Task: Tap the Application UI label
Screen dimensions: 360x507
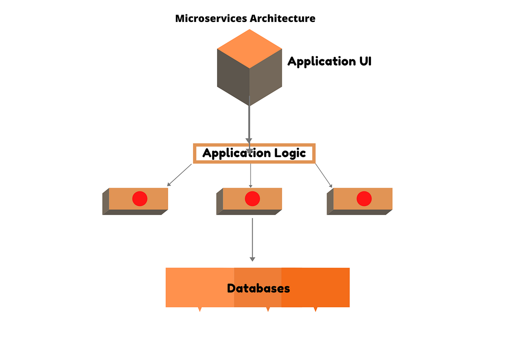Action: coord(329,62)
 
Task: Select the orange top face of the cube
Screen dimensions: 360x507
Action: coord(249,48)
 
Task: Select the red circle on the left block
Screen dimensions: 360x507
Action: coord(140,199)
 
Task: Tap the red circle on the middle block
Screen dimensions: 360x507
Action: coord(252,199)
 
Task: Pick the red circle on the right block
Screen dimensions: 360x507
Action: coord(364,199)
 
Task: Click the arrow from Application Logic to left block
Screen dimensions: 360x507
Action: coord(180,175)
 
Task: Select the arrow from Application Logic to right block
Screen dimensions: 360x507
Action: coord(323,175)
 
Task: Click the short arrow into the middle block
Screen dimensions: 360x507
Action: coord(251,175)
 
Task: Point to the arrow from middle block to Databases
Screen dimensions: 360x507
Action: coord(252,239)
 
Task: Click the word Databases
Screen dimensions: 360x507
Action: coord(258,289)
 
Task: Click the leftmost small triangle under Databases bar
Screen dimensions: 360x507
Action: coord(200,309)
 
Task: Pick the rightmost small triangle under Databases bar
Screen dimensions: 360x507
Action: coord(315,309)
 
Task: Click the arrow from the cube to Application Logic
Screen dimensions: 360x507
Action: coord(249,123)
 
